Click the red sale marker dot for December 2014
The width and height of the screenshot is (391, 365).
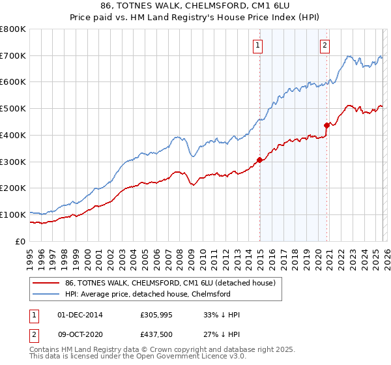pyautogui.click(x=259, y=160)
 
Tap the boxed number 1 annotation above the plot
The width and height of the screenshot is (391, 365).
pyautogui.click(x=259, y=45)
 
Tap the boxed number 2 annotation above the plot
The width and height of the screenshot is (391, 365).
pyautogui.click(x=325, y=45)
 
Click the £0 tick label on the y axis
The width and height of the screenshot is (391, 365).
pyautogui.click(x=20, y=241)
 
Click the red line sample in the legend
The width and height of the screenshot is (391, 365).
pyautogui.click(x=46, y=283)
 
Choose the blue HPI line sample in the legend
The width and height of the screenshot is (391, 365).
pyautogui.click(x=46, y=294)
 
